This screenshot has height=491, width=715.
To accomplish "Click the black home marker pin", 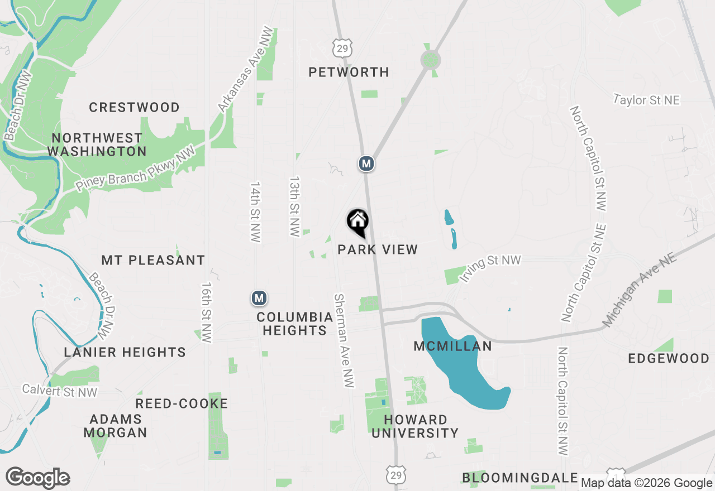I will pyautogui.click(x=357, y=222).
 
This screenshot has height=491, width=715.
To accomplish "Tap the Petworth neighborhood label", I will pyautogui.click(x=349, y=72).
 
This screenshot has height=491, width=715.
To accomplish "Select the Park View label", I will pyautogui.click(x=378, y=249).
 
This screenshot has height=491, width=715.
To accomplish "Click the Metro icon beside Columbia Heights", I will pyautogui.click(x=259, y=299).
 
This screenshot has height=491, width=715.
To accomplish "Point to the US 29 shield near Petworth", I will pyautogui.click(x=342, y=48).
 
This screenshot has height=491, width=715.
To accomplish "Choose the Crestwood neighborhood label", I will pyautogui.click(x=134, y=107).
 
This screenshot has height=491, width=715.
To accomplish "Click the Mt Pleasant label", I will pyautogui.click(x=153, y=260).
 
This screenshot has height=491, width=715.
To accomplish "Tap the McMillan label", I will pyautogui.click(x=452, y=346).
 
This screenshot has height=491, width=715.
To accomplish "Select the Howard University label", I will pyautogui.click(x=415, y=426).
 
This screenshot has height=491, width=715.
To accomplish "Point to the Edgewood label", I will pyautogui.click(x=669, y=358).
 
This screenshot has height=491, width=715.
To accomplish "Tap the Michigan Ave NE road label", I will pyautogui.click(x=639, y=291).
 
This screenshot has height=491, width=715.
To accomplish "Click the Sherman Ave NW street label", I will pyautogui.click(x=344, y=340).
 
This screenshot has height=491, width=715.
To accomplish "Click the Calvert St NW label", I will pyautogui.click(x=60, y=391).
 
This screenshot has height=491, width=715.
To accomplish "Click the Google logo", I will pyautogui.click(x=37, y=478).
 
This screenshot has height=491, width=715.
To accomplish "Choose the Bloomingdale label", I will pyautogui.click(x=519, y=478).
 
